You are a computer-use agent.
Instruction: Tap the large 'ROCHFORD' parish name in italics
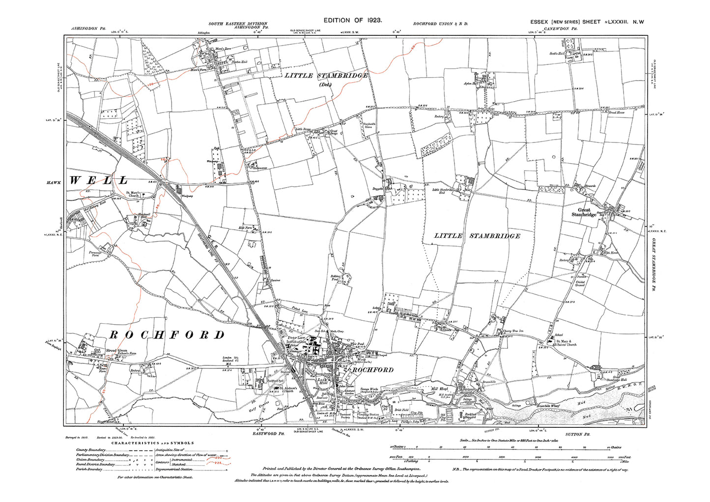coord(166,335)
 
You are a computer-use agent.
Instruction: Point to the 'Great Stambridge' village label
coord(584,212)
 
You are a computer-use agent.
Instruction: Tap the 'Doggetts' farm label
coord(377,188)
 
